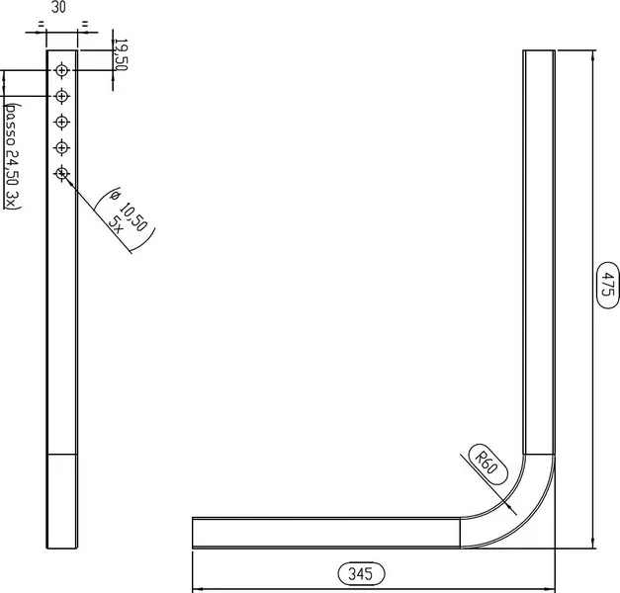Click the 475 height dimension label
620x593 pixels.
click(x=607, y=285)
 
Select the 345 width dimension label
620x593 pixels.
click(x=361, y=573)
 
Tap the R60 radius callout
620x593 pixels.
click(x=487, y=465)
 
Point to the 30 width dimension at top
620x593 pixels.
click(x=58, y=7)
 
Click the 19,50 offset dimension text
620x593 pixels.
click(x=121, y=54)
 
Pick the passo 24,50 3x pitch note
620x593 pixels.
click(x=13, y=156)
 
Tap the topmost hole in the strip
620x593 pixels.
click(x=61, y=70)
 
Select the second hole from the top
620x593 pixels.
click(x=61, y=96)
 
